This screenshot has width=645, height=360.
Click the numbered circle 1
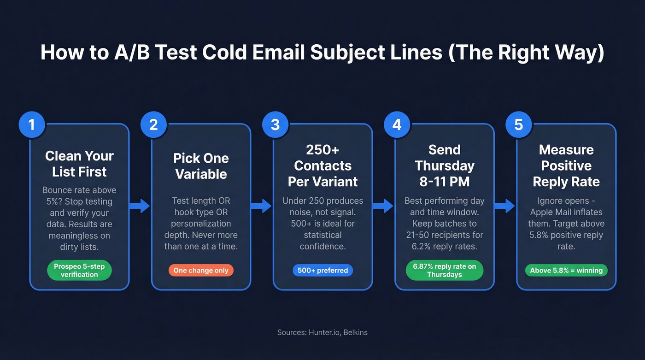[31, 125]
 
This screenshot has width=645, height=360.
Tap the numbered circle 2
[153, 125]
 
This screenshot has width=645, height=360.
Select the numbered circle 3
[275, 125]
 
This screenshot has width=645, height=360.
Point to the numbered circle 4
[397, 125]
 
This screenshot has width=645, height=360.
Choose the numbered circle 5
[518, 125]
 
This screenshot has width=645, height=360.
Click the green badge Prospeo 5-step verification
[79, 271]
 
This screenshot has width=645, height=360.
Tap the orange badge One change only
[201, 271]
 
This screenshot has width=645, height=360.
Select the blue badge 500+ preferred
[322, 271]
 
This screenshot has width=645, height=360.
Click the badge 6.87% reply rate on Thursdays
[444, 271]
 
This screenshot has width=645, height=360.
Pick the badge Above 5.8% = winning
[566, 271]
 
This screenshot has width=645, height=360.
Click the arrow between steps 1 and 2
[140, 206]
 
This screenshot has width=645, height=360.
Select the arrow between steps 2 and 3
[261, 206]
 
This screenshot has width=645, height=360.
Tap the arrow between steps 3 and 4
[383, 206]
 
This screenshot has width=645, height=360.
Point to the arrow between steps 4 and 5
[504, 206]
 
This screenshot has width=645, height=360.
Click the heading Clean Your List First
[79, 164]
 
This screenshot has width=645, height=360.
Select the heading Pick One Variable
[201, 166]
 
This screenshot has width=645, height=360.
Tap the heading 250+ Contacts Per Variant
[322, 166]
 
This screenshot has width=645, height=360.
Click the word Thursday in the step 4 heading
[444, 165]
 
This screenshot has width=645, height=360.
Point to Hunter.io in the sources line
[325, 332]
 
